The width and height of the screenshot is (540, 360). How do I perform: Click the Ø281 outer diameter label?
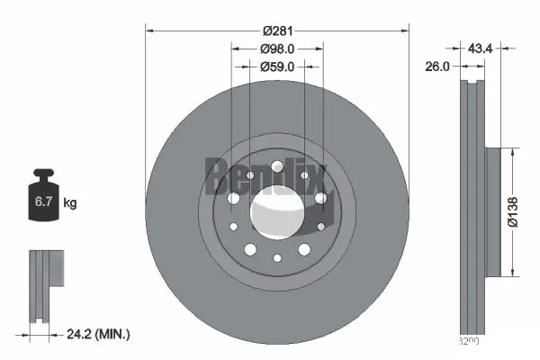coord(277,31)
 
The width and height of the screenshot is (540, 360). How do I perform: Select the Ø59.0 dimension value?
coord(277,66)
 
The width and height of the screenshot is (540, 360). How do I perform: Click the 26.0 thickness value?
coord(438,66)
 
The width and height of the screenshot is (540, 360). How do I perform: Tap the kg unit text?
coord(70,203)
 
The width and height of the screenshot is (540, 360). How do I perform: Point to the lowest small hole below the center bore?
coord(277,259)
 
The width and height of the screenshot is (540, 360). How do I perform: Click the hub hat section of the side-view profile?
coord(491,212)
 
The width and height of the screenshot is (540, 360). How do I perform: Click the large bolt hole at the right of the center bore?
coord(320,198)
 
